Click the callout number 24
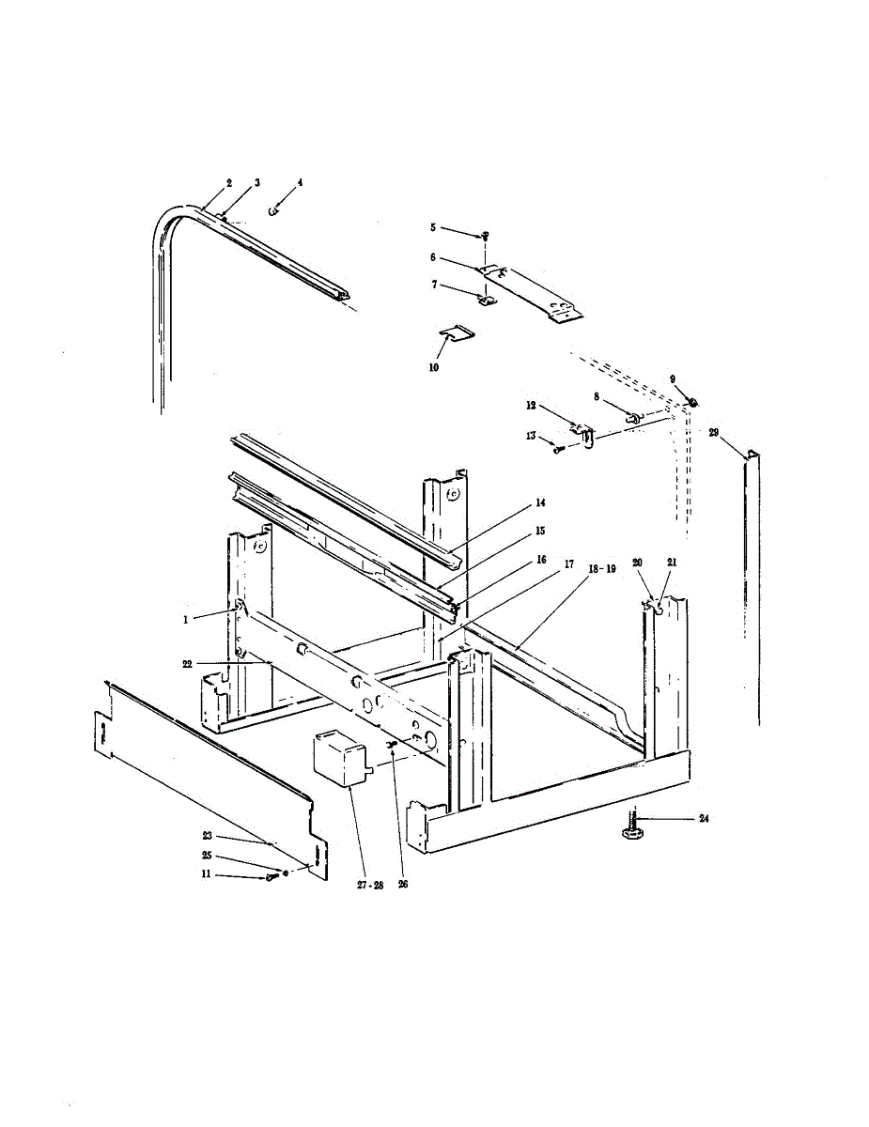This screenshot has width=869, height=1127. click(x=704, y=819)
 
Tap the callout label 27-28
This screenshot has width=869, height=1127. click(x=370, y=885)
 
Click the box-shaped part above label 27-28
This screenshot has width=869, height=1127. click(x=338, y=758)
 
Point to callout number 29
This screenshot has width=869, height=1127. click(x=714, y=433)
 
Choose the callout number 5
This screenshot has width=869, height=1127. click(x=433, y=227)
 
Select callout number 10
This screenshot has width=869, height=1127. click(x=434, y=368)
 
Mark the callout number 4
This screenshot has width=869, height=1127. click(x=300, y=182)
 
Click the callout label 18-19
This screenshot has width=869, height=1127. click(x=597, y=569)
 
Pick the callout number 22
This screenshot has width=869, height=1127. click(x=187, y=663)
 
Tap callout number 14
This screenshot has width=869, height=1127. click(x=540, y=503)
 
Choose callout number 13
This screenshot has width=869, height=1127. click(x=531, y=436)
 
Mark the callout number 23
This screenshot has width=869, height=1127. click(x=207, y=834)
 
